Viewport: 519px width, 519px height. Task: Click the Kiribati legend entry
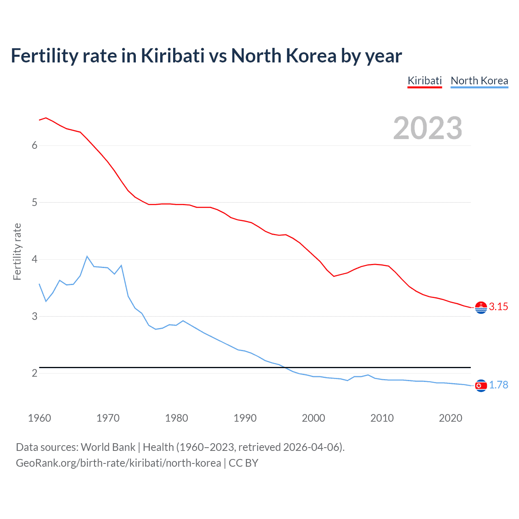coord(425,81)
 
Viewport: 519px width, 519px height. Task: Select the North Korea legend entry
coord(479,81)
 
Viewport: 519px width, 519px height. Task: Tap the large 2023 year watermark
coord(428,128)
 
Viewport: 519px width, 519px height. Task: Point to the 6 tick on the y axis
coord(34,146)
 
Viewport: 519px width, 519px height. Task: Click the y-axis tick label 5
coord(34,202)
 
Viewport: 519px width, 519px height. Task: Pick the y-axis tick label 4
coord(34,259)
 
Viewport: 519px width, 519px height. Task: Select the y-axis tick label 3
coord(34,316)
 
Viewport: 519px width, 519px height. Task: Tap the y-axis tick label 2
coord(34,373)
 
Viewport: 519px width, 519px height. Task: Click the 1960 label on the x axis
coord(39,418)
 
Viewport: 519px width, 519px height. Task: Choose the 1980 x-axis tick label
coord(176,418)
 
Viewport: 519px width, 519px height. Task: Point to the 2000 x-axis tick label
coord(313,418)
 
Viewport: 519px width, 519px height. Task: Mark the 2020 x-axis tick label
coord(450,418)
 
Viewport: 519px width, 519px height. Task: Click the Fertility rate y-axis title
coord(17,251)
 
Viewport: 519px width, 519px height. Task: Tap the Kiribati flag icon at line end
coord(481,308)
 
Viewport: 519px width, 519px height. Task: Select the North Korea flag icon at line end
coord(481,386)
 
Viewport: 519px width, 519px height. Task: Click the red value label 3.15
coord(498,307)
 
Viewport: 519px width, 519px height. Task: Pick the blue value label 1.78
coord(498,385)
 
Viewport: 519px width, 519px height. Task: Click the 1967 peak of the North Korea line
coord(87,256)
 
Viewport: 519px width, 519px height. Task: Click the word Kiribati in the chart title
coord(173,56)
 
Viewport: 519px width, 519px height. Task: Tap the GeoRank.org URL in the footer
coord(118,463)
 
